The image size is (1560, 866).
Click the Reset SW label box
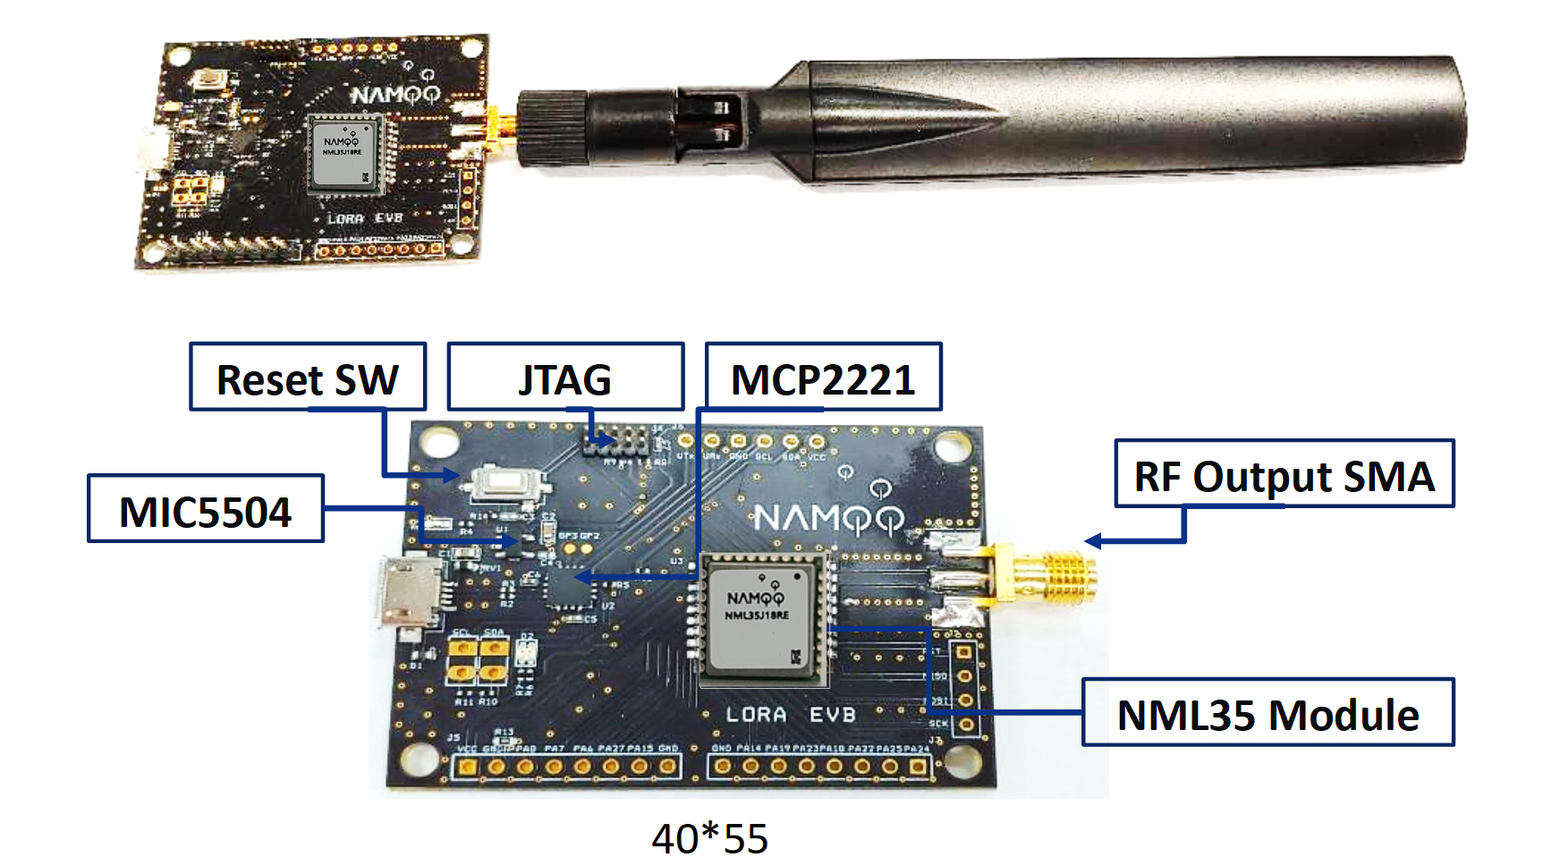[x=308, y=377]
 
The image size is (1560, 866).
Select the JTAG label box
[x=565, y=377]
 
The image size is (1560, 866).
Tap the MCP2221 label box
[x=823, y=377]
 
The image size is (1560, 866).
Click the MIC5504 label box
[x=206, y=509]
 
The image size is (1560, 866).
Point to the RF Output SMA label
[x=1284, y=474]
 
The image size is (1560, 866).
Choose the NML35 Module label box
[x=1267, y=713]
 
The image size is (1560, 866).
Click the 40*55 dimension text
[x=709, y=838]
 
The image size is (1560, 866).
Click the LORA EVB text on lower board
[x=791, y=715]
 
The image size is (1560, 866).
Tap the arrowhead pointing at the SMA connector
[x=1091, y=541]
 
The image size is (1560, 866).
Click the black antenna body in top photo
[x=1118, y=116]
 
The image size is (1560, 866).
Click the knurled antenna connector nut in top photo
[x=550, y=127]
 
